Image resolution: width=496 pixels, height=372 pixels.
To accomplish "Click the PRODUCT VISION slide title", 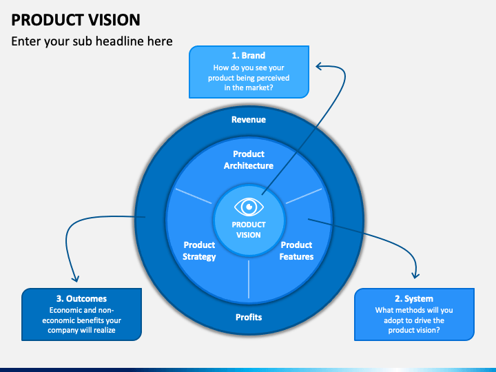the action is pyautogui.click(x=76, y=20).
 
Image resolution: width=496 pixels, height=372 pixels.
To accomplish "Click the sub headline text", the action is pyautogui.click(x=92, y=41).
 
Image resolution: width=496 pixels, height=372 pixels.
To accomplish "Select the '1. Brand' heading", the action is pyautogui.click(x=249, y=55).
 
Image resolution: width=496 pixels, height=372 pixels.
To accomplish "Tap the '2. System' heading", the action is pyautogui.click(x=414, y=298).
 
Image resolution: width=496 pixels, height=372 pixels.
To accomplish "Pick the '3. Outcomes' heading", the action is pyautogui.click(x=81, y=298).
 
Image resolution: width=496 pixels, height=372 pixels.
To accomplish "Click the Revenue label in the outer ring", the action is pyautogui.click(x=249, y=120).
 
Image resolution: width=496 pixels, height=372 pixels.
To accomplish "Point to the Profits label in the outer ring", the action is pyautogui.click(x=249, y=318).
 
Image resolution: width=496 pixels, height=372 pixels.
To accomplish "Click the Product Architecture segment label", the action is pyautogui.click(x=249, y=160).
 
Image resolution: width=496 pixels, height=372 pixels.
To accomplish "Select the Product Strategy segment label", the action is pyautogui.click(x=199, y=251).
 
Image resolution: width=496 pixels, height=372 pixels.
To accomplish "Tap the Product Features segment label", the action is pyautogui.click(x=296, y=251).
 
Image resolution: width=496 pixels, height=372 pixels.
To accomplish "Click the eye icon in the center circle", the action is pyautogui.click(x=249, y=207).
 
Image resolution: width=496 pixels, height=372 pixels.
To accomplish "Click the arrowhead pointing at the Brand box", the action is pyautogui.click(x=319, y=66).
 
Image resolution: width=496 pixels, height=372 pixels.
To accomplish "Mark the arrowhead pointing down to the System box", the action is pyautogui.click(x=415, y=276).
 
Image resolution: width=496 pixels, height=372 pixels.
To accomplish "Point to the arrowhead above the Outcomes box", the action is pyautogui.click(x=75, y=279).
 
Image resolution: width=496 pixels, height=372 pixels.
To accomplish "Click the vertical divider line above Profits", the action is pyautogui.click(x=249, y=279).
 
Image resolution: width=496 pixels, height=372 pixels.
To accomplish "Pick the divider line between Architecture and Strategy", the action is pyautogui.click(x=194, y=196).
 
